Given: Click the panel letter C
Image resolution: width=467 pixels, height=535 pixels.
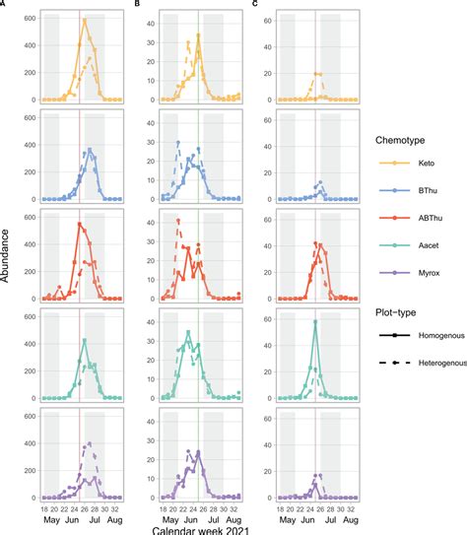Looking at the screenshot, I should (x=257, y=5).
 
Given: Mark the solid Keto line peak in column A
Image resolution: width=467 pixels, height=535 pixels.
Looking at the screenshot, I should (x=84, y=20).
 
